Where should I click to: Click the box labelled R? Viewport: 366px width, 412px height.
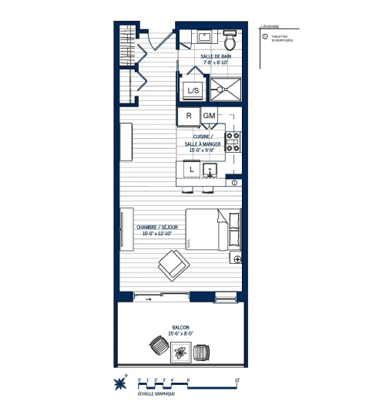click(x=188, y=116)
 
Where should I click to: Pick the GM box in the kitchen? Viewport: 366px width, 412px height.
click(x=209, y=116)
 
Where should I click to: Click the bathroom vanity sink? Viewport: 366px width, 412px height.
click(x=205, y=36)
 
